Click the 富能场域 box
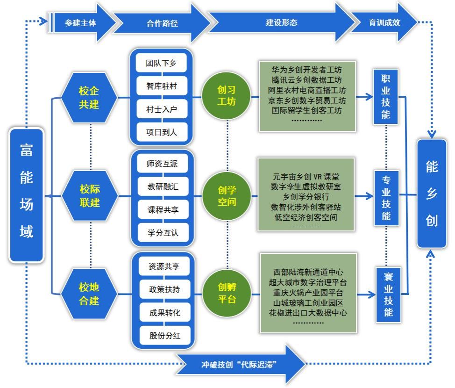pos(27,195)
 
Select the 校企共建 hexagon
pos(89,97)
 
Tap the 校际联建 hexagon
pos(90,196)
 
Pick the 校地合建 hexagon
pos(89,294)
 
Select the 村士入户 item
pos(162,109)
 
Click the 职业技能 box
pos(385,97)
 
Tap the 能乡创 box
pos(432,193)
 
